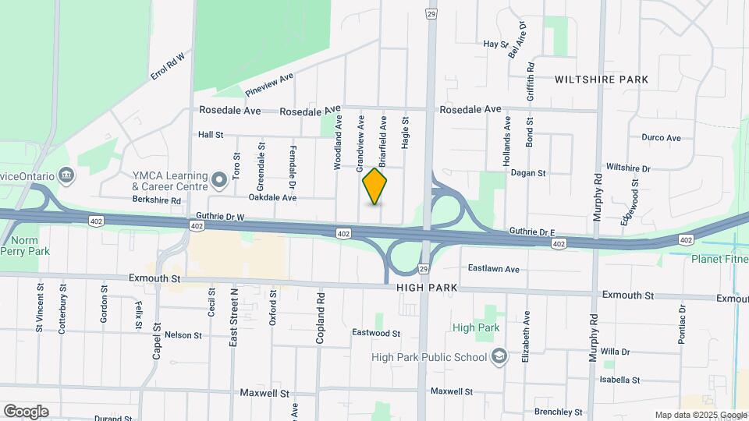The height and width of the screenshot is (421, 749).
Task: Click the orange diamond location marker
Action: (x=375, y=186)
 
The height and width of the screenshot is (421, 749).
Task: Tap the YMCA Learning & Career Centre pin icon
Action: (x=219, y=181)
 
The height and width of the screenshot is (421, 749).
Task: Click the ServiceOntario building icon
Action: (x=67, y=175)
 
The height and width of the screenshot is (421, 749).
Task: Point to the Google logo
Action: (x=26, y=411)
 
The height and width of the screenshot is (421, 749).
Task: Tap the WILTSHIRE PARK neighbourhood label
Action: (x=602, y=80)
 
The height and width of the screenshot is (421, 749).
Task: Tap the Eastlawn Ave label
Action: (x=493, y=269)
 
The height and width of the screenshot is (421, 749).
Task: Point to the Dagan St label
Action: (x=527, y=173)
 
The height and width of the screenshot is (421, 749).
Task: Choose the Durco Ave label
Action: (x=661, y=138)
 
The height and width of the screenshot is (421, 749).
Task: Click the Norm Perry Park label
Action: (x=24, y=246)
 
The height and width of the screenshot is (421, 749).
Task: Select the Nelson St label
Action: (x=183, y=335)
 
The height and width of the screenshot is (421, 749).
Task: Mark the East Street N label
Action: (x=233, y=316)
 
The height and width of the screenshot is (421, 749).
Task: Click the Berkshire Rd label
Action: (x=156, y=200)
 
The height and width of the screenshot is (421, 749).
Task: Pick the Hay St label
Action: (x=495, y=44)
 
